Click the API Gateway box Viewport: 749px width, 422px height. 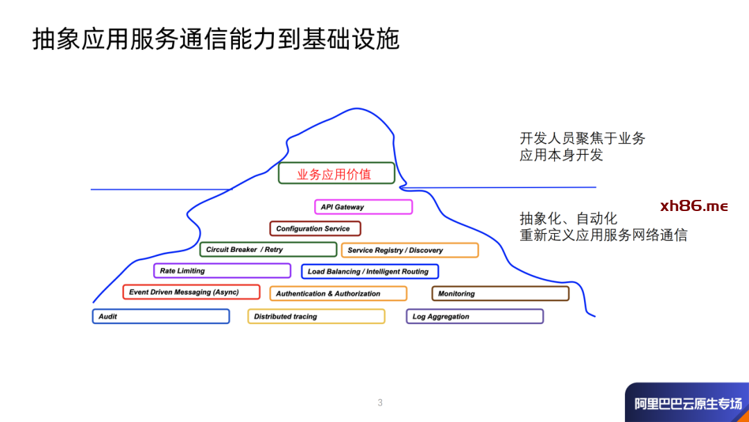(x=363, y=207)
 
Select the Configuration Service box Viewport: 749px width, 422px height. (x=315, y=228)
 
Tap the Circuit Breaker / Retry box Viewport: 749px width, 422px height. (x=268, y=250)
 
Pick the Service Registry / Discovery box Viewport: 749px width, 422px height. (x=409, y=251)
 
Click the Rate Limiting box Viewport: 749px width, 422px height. (x=222, y=271)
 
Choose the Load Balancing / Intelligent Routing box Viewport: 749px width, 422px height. (x=370, y=271)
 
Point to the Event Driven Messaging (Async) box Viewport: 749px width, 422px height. (x=191, y=292)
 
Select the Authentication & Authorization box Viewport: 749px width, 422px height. (x=338, y=294)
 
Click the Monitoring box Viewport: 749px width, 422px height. (x=500, y=294)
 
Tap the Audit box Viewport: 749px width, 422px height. (x=161, y=316)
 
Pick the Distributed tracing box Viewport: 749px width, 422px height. (x=316, y=316)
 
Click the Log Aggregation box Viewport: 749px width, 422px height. (x=474, y=316)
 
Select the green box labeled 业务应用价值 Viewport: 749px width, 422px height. (x=336, y=174)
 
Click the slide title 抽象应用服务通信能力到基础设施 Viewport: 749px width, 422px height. (x=216, y=40)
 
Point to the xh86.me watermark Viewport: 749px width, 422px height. (x=694, y=206)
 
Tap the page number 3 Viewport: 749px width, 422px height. (x=380, y=403)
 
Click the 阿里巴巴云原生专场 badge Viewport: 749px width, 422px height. (x=687, y=403)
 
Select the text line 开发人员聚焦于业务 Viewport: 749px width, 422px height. (x=583, y=138)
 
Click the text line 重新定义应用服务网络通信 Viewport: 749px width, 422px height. (x=603, y=235)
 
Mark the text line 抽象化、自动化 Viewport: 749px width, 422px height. (x=568, y=219)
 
